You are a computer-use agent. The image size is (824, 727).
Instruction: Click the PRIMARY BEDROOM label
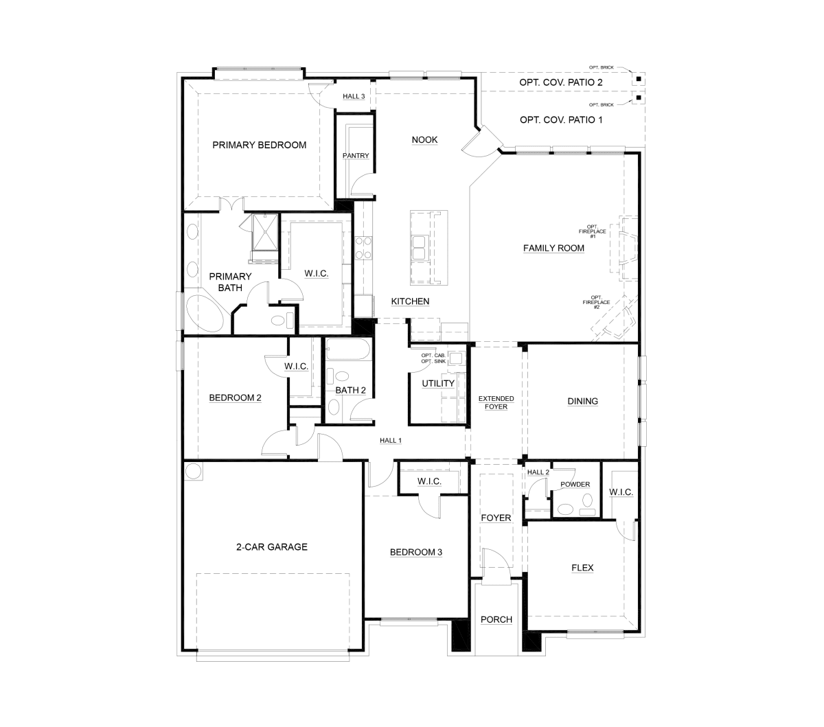click(x=259, y=145)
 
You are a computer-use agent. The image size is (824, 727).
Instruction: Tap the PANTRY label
click(x=356, y=156)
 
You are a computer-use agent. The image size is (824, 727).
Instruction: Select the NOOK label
click(x=424, y=140)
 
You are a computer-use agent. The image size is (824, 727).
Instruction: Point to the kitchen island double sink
click(x=418, y=248)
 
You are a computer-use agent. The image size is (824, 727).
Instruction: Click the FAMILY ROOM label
click(x=553, y=248)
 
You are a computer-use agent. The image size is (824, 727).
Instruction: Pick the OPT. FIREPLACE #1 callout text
click(x=593, y=231)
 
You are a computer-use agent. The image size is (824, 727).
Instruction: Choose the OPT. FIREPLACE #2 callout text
click(x=596, y=303)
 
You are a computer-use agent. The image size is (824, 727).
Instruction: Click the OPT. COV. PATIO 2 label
click(x=561, y=82)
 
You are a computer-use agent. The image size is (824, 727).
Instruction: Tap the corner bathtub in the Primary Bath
click(x=205, y=314)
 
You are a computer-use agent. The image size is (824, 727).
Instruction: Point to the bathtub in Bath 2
click(x=347, y=349)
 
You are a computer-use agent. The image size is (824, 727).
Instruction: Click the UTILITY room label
click(x=438, y=384)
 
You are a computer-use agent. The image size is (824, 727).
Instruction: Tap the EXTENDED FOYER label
click(x=496, y=402)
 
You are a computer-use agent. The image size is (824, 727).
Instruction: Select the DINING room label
click(x=583, y=402)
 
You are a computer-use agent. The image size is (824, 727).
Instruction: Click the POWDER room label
click(x=575, y=484)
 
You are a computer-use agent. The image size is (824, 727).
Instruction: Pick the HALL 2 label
click(x=538, y=472)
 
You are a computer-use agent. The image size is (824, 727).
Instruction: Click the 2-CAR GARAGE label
click(x=272, y=547)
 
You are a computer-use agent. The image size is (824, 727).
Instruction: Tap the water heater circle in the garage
click(x=193, y=472)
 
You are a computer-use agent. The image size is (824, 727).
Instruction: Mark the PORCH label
click(x=496, y=620)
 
